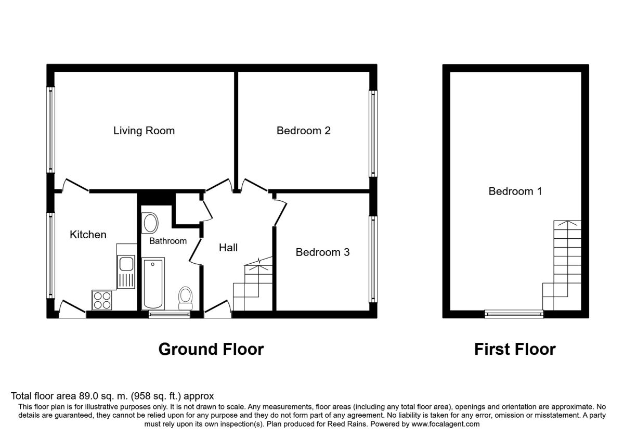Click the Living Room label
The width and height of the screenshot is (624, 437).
[144, 131]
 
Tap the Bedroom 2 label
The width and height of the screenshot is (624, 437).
[303, 131]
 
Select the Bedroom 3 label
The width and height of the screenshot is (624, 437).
[322, 252]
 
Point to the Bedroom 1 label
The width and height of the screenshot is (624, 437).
[515, 191]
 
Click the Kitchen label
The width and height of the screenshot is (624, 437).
[88, 235]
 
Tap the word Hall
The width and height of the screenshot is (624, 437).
[228, 248]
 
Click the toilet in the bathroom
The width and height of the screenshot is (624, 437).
[185, 298]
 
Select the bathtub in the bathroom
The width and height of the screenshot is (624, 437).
[153, 284]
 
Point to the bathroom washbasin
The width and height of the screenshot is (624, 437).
[150, 223]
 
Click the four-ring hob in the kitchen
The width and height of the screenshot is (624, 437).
[102, 300]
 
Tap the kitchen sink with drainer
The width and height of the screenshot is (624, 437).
[126, 272]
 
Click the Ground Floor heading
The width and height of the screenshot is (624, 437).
[211, 349]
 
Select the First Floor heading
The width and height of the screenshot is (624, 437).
[515, 349]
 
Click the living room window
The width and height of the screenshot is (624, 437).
[50, 130]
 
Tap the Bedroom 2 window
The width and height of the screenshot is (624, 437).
[373, 134]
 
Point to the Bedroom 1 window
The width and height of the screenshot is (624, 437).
[514, 314]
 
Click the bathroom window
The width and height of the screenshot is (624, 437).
[169, 314]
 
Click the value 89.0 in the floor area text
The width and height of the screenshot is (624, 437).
[88, 396]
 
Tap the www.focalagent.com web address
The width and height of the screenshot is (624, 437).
[446, 424]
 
